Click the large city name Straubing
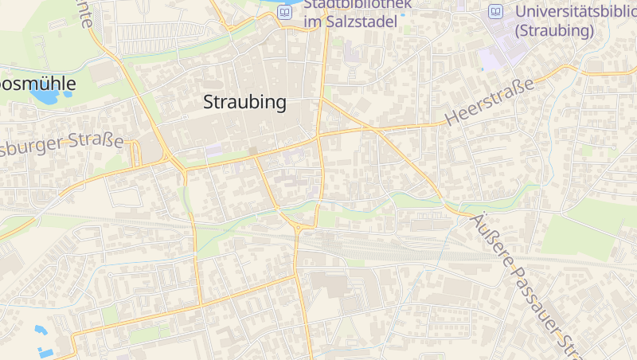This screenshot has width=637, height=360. (244, 103)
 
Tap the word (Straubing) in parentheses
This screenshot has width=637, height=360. (555, 31)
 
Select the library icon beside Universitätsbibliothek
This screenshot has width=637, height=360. (496, 12)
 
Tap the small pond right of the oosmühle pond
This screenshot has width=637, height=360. (68, 94)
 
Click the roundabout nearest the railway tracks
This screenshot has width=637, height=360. (299, 228)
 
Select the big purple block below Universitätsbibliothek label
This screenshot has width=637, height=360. (491, 58)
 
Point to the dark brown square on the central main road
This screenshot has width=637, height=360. (252, 151)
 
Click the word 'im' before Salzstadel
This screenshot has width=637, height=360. (312, 22)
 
